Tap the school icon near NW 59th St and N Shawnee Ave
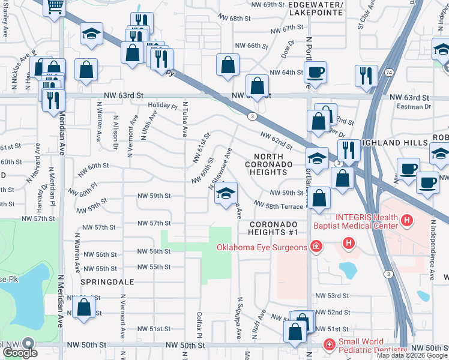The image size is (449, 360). click(x=226, y=194)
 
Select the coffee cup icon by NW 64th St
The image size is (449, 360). click(x=315, y=73)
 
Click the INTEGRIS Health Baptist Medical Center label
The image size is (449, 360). click(x=354, y=221)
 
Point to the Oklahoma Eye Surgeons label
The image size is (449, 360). click(x=263, y=247)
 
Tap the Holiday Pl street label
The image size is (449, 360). click(x=163, y=107)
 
